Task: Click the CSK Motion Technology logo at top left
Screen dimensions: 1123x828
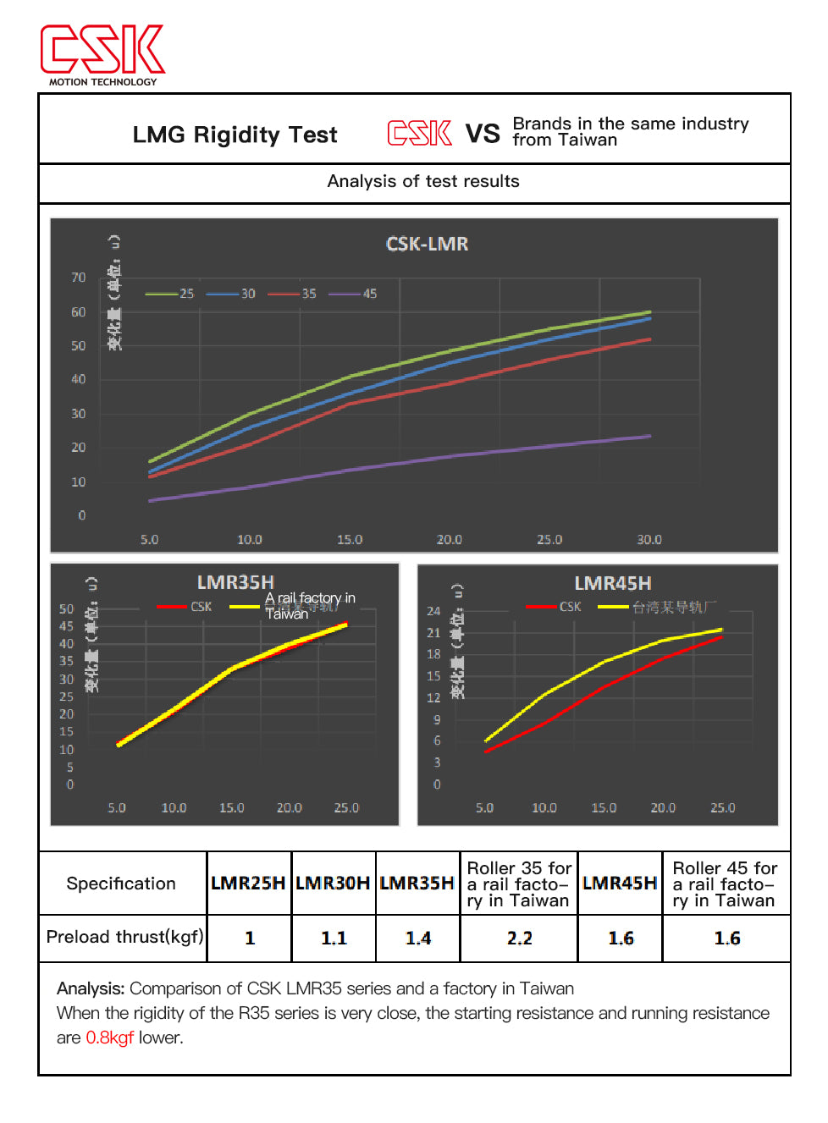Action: [102, 53]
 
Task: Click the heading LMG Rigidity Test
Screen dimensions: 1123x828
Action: [235, 135]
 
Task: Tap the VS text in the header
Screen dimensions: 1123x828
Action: [483, 134]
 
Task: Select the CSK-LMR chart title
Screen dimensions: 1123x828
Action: [427, 244]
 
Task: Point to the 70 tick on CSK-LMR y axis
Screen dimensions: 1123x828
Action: [78, 278]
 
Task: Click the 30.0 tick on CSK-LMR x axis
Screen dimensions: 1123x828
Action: [649, 539]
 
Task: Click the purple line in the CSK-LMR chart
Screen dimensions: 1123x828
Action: [449, 457]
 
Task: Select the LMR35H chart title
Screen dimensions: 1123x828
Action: [235, 582]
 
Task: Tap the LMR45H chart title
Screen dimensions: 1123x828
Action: [612, 583]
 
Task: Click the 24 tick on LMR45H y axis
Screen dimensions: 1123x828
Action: [433, 611]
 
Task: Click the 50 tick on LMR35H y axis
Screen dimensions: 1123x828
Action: [66, 609]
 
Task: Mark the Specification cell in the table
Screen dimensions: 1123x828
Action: [121, 884]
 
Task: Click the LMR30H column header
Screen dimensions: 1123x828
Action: [333, 884]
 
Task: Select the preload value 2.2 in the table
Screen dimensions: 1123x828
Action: [519, 938]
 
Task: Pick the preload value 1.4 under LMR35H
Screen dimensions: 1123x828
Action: [417, 938]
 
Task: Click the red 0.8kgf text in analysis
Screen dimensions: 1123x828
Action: [109, 1038]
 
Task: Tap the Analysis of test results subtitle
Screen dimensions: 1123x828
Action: [423, 181]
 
